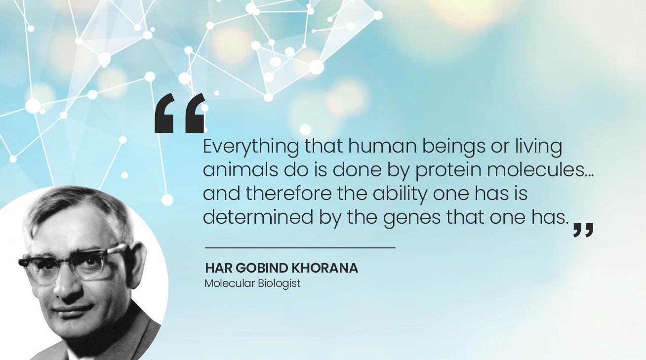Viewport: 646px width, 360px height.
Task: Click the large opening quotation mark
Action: (180, 114)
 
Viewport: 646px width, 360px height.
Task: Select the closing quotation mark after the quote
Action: (583, 230)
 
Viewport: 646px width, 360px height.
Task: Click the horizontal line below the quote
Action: (300, 247)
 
